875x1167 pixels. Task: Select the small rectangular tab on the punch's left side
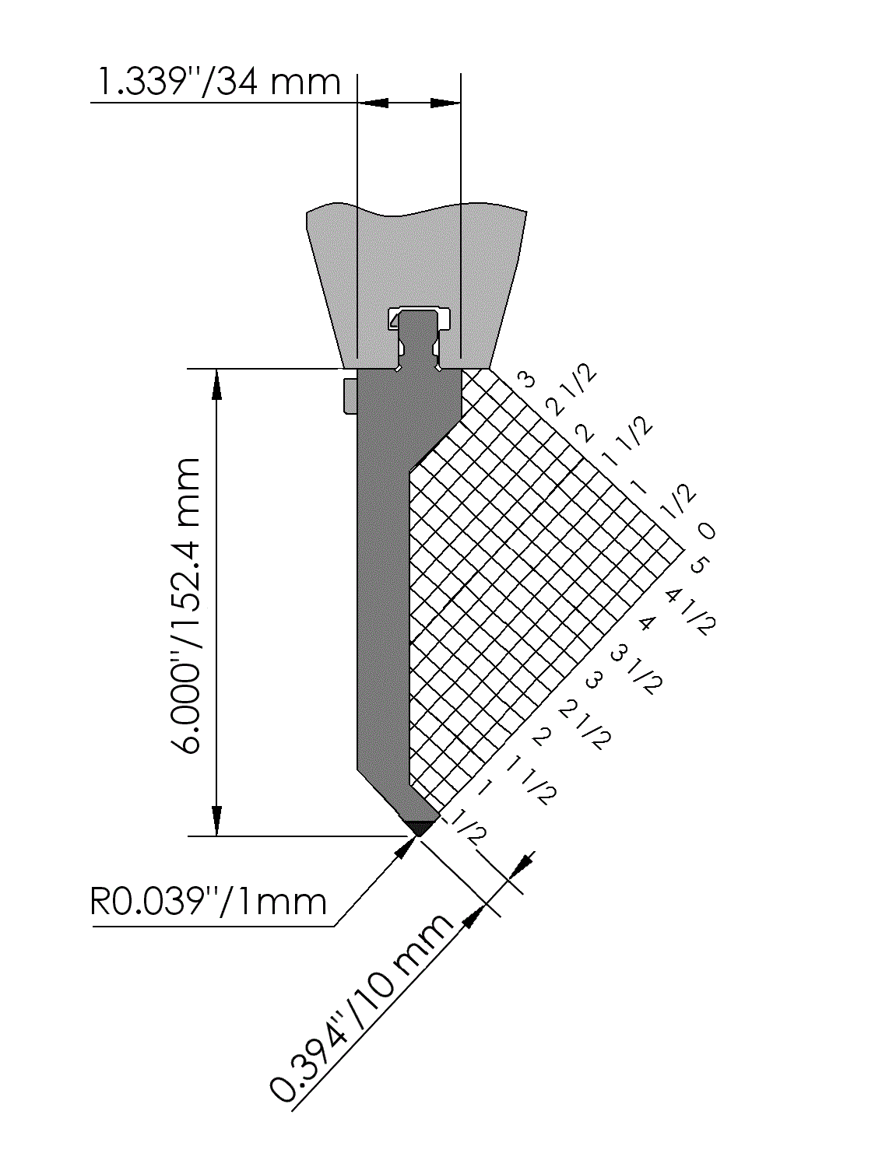(x=350, y=395)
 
